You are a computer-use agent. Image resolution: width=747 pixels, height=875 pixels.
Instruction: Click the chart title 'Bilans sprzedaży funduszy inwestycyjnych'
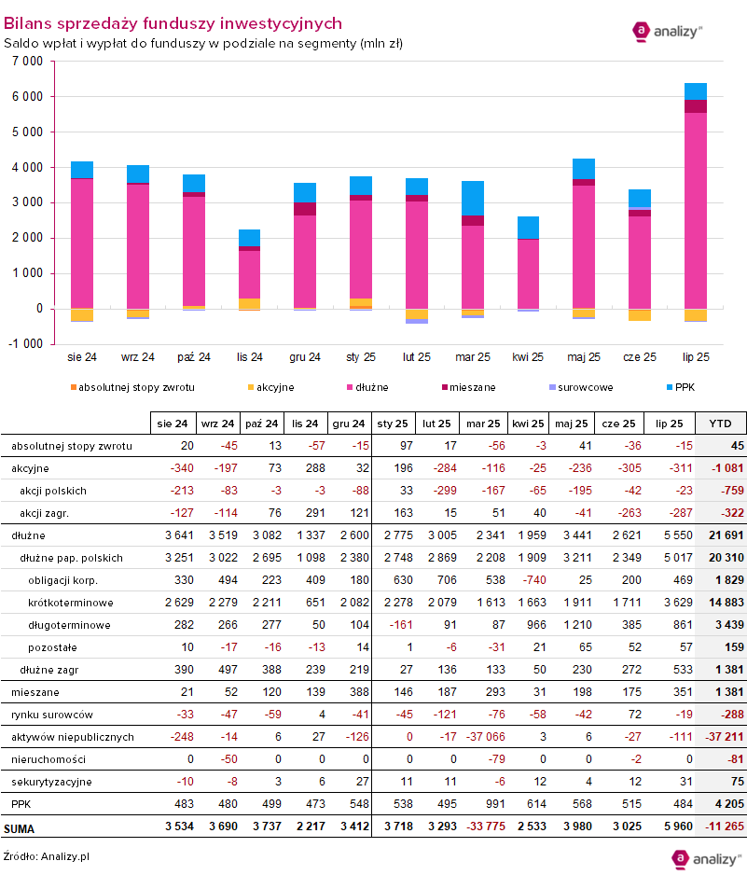tap(173, 23)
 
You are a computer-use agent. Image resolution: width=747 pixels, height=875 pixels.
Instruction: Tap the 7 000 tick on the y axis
tap(28, 61)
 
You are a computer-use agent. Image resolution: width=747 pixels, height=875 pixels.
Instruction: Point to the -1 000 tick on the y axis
tap(27, 343)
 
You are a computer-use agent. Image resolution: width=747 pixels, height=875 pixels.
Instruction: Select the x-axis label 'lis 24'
tap(250, 356)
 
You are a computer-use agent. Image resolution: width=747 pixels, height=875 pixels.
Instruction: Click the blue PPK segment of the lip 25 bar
tap(696, 91)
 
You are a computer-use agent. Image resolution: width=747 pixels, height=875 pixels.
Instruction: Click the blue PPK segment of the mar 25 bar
tap(473, 198)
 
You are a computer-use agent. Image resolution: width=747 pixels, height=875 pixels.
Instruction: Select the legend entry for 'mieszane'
tap(470, 387)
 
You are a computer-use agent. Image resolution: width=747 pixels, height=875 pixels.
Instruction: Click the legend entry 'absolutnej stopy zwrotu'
tap(131, 387)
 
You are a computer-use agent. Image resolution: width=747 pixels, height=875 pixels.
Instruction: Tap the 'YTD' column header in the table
tap(720, 424)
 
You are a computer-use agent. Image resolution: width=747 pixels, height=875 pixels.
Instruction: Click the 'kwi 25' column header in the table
tap(528, 424)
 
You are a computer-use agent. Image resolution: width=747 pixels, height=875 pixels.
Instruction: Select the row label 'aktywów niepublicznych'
tap(73, 737)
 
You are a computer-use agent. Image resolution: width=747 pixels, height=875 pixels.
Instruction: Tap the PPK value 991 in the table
tap(482, 804)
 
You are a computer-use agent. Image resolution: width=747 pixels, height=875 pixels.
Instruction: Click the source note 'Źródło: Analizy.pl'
tap(47, 856)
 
